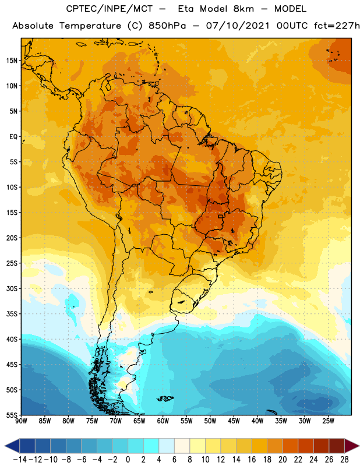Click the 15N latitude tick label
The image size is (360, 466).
12,61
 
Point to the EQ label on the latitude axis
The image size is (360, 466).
13,137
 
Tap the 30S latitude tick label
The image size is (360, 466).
12,288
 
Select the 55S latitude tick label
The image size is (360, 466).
12,415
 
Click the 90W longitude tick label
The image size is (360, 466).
21,421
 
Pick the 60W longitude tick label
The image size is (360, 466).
163,421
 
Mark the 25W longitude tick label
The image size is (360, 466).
328,421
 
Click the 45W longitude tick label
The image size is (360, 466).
234,421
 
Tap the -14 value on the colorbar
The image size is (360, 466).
20,460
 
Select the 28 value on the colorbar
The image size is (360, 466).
344,460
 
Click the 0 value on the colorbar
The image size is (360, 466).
128,460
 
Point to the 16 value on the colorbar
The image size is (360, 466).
252,460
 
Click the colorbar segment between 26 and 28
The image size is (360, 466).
337,446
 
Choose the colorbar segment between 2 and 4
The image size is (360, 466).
151,446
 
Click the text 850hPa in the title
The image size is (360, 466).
167,26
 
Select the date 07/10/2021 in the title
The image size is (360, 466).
238,26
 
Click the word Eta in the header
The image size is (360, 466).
186,9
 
